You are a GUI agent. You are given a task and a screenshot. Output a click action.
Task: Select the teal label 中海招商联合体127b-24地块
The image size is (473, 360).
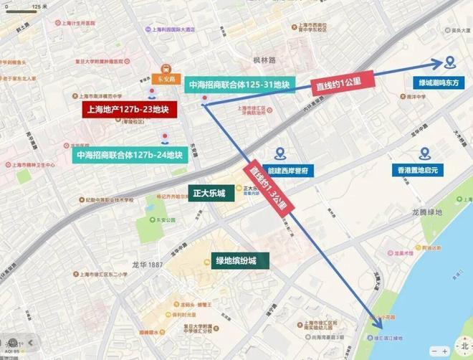pos(129,154)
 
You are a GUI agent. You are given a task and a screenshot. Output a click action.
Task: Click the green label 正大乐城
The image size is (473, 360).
pos(209,193)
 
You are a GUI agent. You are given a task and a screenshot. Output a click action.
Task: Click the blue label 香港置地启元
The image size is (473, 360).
pos(423,171)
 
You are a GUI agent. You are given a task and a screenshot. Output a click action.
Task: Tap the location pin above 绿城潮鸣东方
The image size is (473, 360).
pos(449,63)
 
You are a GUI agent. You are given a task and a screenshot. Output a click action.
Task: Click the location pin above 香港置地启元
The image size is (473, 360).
pos(424,153)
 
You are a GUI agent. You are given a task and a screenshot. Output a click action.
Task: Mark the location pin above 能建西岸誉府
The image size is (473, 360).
pos(279,153)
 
